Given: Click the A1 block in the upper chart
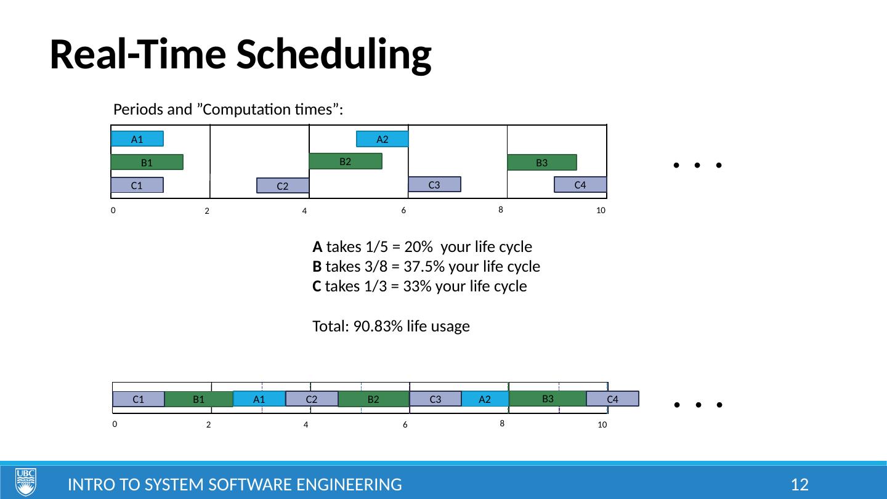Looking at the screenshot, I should (137, 139).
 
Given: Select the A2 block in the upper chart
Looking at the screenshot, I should (383, 139).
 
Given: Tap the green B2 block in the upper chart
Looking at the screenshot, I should (346, 161).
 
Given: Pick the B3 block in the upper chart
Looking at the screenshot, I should (542, 163).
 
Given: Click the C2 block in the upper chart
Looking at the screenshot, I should (283, 185).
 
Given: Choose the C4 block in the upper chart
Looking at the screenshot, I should (580, 185).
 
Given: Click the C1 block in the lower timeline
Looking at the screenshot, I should (139, 399).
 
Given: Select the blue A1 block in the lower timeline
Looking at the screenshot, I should (259, 399).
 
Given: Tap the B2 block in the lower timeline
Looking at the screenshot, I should (373, 399).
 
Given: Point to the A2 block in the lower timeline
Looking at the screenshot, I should (485, 399).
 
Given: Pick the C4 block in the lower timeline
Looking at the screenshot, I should (612, 399).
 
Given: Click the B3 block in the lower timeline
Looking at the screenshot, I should (548, 399).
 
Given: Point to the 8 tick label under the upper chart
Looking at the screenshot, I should (501, 209).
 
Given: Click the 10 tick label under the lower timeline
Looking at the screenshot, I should (602, 425).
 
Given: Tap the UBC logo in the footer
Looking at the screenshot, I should (26, 482).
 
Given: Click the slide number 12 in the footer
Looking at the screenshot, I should (799, 485).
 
